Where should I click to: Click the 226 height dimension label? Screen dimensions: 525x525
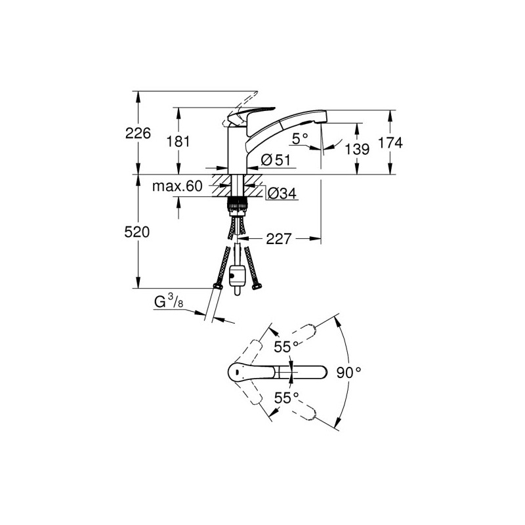tap(138, 133)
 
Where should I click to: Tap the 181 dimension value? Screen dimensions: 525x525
tap(178, 141)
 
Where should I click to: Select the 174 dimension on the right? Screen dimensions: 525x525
tap(390, 143)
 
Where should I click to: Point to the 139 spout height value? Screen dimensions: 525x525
tap(357, 149)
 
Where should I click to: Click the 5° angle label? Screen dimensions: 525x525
tap(300, 138)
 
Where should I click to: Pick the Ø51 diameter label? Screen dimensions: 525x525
tap(276, 160)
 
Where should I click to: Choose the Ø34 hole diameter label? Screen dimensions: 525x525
tap(282, 193)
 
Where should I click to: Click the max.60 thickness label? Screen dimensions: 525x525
tap(177, 186)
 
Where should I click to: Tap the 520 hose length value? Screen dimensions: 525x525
tap(137, 232)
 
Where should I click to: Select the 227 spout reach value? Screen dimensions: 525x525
tap(279, 239)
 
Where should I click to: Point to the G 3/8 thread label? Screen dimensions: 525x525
tap(169, 301)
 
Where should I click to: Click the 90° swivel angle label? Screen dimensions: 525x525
tap(349, 372)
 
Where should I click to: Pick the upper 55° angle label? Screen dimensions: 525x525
tap(286, 347)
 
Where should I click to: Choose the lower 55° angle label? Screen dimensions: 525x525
tap(286, 398)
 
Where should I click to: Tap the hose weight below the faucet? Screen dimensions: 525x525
tap(237, 277)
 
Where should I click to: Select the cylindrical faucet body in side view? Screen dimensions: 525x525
tap(238, 149)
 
